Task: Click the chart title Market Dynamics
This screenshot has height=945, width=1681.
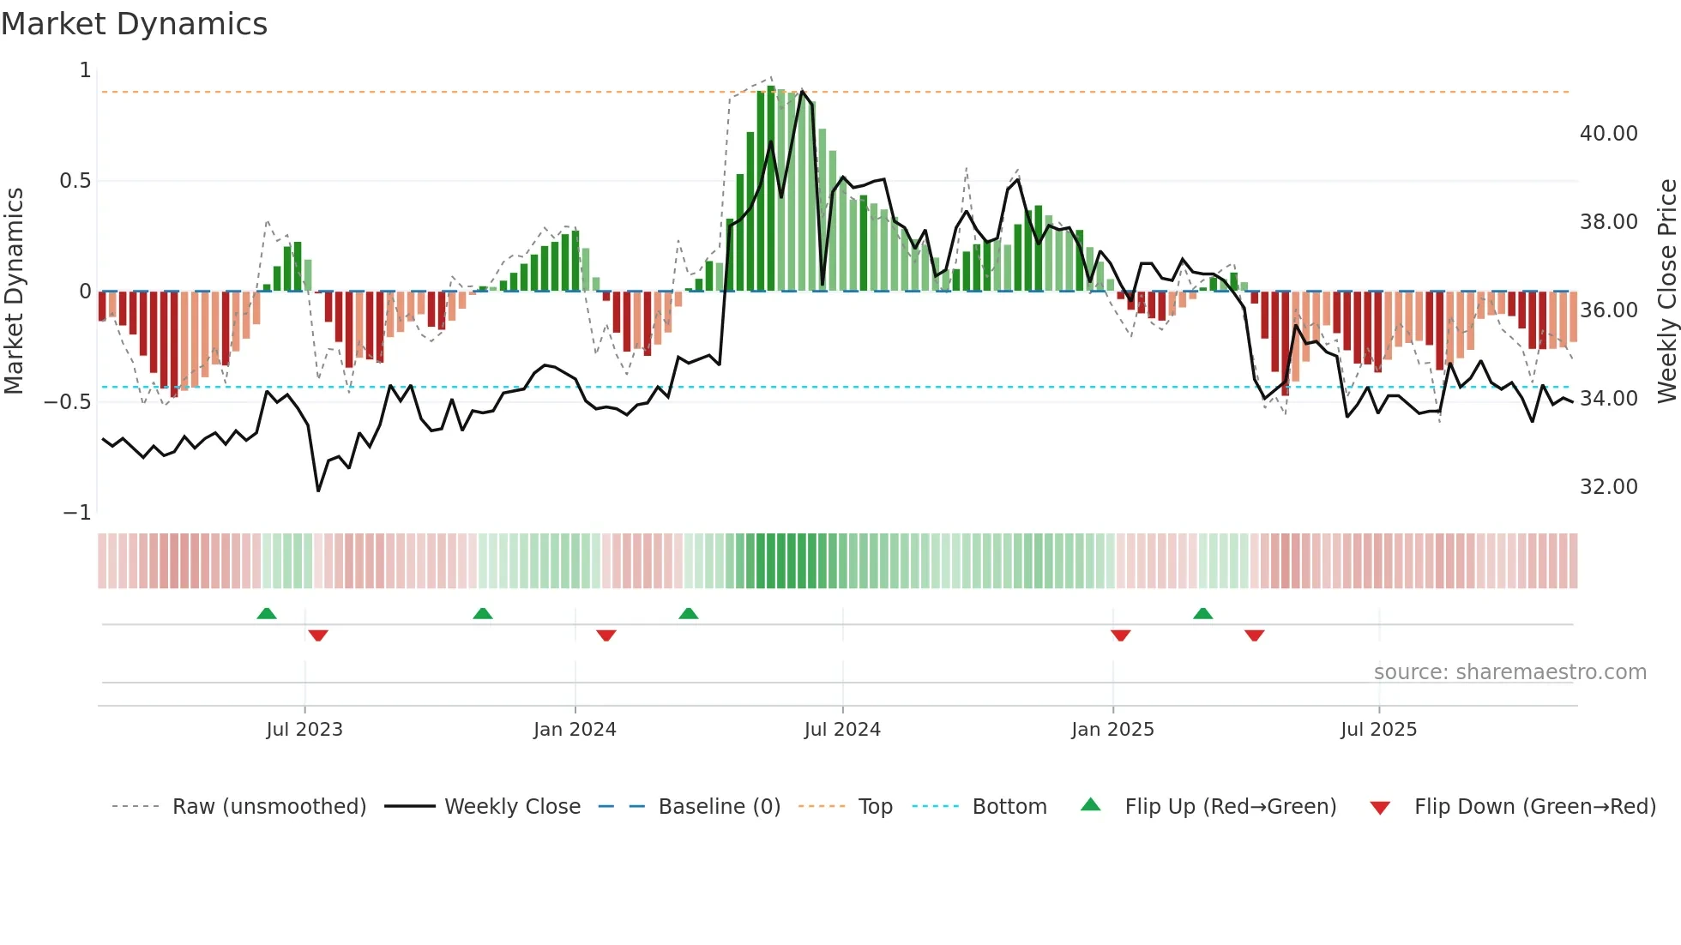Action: tap(134, 24)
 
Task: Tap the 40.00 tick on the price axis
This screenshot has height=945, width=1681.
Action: tap(1608, 134)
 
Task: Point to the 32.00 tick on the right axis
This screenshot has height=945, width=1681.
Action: tap(1608, 487)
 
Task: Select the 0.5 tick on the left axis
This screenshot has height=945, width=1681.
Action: tap(75, 181)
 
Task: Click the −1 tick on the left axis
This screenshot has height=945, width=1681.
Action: tap(77, 513)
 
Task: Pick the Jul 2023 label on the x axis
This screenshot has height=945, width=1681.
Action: tap(304, 730)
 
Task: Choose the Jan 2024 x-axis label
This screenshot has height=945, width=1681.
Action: tap(575, 730)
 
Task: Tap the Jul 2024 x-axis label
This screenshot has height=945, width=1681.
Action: tap(842, 730)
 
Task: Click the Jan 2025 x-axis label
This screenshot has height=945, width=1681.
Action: tap(1112, 730)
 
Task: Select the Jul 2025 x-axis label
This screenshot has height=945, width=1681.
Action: tap(1379, 730)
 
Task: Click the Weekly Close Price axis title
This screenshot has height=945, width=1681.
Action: tap(1666, 292)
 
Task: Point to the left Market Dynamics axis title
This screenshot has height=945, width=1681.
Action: tap(14, 292)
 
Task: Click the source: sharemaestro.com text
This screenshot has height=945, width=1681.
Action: tap(1509, 672)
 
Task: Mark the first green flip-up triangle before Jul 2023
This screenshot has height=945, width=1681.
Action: tap(267, 613)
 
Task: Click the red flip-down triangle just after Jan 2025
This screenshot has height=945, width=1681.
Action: tap(1120, 635)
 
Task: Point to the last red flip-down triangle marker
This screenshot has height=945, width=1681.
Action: tap(1254, 635)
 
